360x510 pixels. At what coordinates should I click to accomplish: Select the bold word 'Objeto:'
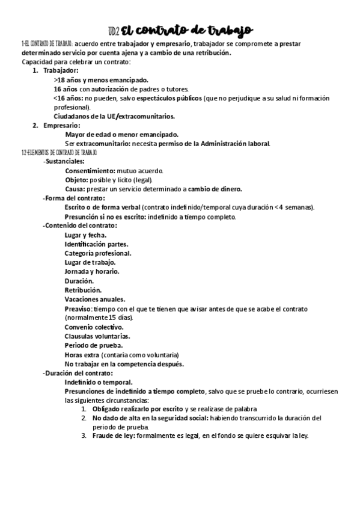(x=76, y=179)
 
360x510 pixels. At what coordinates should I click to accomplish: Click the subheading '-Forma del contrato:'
(x=73, y=198)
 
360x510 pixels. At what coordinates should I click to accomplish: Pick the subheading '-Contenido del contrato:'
(x=80, y=225)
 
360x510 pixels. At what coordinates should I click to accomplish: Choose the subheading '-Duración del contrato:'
(x=78, y=373)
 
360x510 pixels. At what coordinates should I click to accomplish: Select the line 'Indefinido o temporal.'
(x=99, y=382)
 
